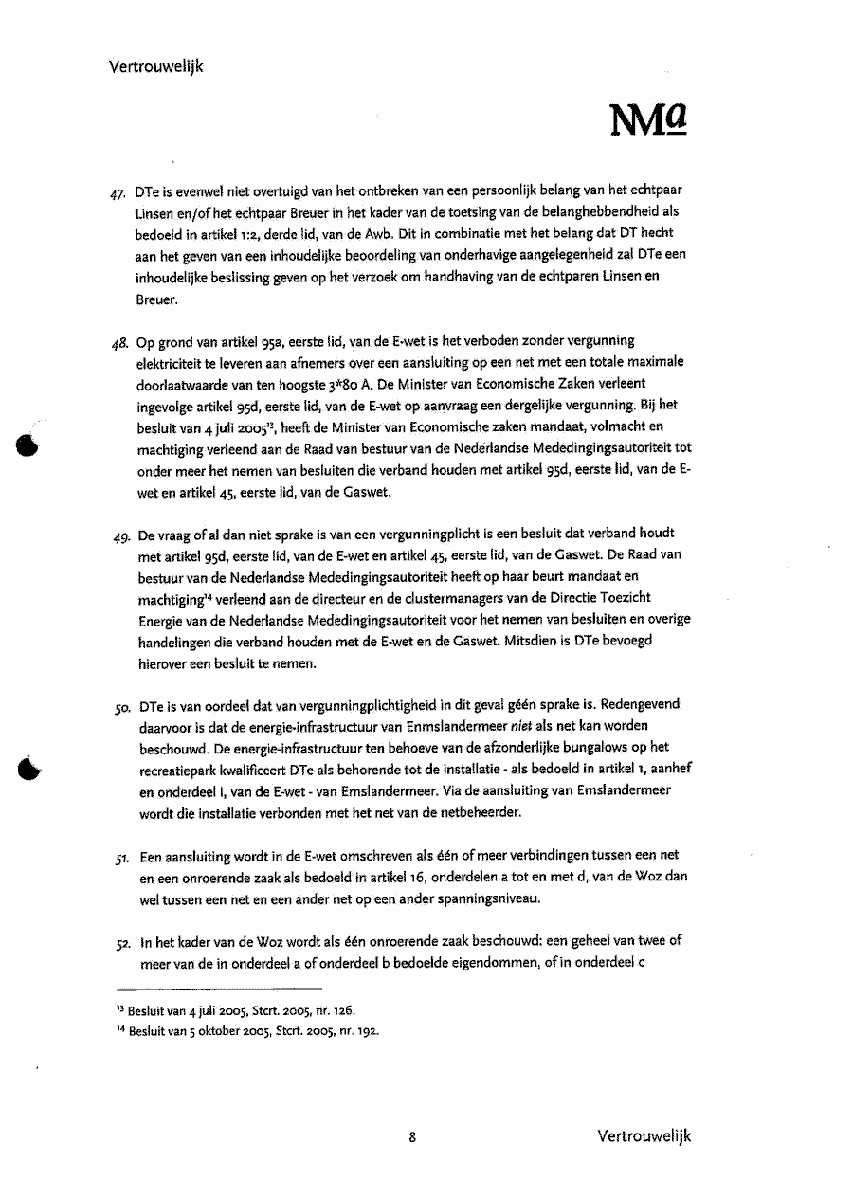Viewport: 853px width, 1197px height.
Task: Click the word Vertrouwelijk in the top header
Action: click(156, 66)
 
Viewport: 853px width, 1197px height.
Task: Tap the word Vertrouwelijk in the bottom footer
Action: click(644, 1136)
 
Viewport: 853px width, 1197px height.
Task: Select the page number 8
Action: click(413, 1137)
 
